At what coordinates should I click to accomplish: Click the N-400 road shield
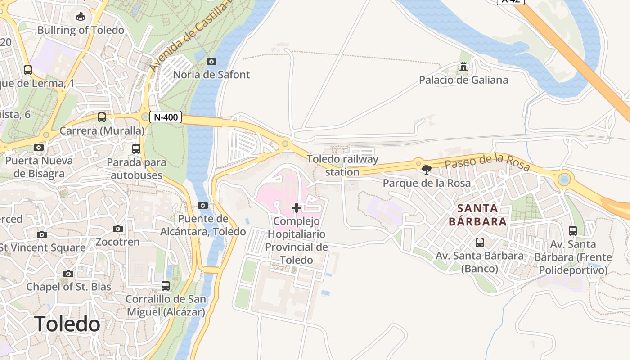(x=165, y=117)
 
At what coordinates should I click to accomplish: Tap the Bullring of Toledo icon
(x=81, y=17)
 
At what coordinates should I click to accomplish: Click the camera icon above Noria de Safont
(x=211, y=61)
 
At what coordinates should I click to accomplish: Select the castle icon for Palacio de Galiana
(x=463, y=67)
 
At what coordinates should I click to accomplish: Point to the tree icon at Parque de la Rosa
(x=426, y=170)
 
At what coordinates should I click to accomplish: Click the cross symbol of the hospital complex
(x=297, y=207)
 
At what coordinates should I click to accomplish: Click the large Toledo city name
(x=67, y=324)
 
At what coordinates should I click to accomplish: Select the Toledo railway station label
(x=342, y=165)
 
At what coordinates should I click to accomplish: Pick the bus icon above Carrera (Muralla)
(x=102, y=117)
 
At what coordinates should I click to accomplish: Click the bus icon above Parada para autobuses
(x=136, y=148)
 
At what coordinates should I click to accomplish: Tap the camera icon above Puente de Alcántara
(x=203, y=205)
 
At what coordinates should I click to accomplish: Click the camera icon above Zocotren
(x=118, y=229)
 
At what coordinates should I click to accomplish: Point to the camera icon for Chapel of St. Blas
(x=68, y=273)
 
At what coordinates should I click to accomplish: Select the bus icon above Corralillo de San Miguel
(x=166, y=285)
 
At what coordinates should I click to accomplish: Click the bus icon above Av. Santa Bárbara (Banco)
(x=480, y=243)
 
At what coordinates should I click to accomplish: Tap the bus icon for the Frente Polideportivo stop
(x=573, y=231)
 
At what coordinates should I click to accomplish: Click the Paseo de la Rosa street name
(x=487, y=161)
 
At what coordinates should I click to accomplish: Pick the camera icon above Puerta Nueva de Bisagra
(x=39, y=147)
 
